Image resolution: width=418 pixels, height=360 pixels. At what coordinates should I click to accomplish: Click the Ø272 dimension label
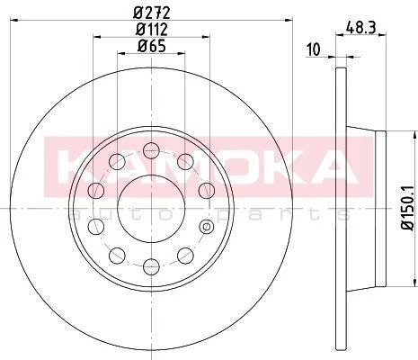click(x=152, y=13)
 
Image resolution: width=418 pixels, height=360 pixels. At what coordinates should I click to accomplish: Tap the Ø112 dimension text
click(x=152, y=30)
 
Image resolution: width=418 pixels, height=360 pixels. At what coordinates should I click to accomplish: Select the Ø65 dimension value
click(x=152, y=47)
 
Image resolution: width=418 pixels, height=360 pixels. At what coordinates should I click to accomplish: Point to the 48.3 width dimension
click(x=361, y=28)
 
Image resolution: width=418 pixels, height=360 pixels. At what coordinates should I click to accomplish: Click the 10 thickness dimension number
click(x=314, y=49)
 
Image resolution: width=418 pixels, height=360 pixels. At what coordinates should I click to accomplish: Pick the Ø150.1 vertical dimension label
click(x=408, y=208)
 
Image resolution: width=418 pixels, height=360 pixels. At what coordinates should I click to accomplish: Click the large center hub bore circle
click(x=151, y=208)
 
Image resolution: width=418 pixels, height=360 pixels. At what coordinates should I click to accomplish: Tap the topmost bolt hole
click(x=151, y=150)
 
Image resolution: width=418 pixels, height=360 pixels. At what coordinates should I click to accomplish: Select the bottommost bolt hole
click(x=151, y=266)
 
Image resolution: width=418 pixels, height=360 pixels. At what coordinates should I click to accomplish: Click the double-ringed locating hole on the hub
click(x=207, y=227)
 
